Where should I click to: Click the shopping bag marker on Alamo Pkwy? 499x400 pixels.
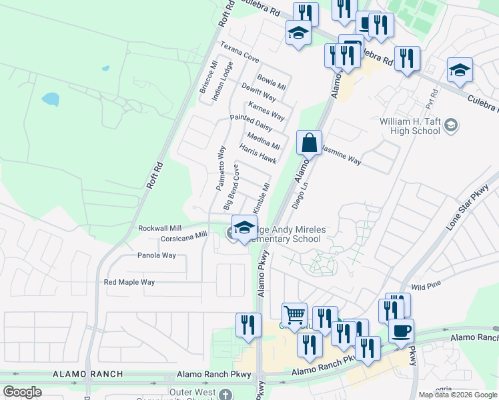310,143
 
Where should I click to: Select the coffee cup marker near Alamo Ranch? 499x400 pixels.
401,331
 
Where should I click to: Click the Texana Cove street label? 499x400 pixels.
239,53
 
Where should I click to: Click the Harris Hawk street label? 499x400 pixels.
258,155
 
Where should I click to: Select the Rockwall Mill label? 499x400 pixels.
159,228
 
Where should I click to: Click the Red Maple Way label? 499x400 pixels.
129,282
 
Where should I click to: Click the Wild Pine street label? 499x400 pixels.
426,286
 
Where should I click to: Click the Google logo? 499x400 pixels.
22,392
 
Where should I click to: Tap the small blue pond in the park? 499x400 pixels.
50,99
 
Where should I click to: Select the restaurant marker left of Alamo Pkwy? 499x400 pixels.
248,325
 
